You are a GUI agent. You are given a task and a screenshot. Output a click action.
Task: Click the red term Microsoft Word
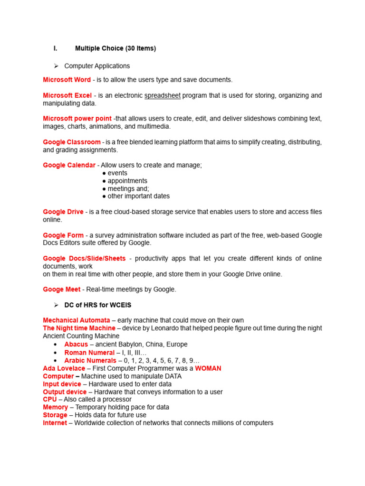tap(67, 80)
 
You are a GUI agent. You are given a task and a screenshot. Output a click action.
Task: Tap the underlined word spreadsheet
tap(163, 95)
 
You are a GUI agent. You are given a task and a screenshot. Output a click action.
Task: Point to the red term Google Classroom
tap(72, 142)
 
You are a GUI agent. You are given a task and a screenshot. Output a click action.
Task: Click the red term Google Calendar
tap(69, 165)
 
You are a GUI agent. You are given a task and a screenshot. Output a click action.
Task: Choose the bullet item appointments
tap(127, 181)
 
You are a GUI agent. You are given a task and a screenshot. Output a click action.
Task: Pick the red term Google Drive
tap(63, 212)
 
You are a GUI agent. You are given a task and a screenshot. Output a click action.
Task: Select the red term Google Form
tap(63, 235)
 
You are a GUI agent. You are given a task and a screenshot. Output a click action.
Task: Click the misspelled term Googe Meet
tap(62, 289)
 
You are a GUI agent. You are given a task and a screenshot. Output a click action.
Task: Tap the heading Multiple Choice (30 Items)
tap(115, 48)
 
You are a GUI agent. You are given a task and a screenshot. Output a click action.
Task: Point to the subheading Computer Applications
tap(97, 66)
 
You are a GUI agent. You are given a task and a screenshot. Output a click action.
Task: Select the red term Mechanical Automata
tap(77, 320)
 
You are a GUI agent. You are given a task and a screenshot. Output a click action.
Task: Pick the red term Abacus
tap(76, 344)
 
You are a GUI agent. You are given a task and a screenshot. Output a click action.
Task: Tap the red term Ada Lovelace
tap(64, 368)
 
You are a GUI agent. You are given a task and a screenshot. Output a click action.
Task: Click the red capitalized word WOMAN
tap(208, 368)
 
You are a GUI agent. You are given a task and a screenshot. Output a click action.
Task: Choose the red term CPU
tap(50, 400)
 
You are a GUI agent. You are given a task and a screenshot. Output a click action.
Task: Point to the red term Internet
tap(55, 423)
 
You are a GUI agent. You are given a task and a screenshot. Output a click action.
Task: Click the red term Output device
tap(65, 392)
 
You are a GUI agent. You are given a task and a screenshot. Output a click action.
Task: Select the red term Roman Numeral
tap(89, 353)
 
